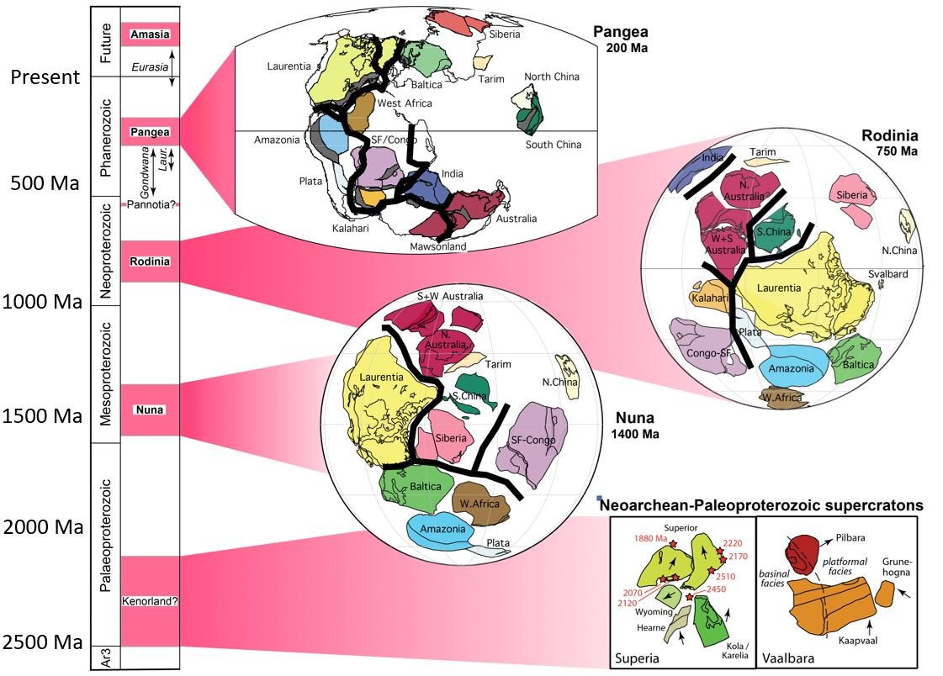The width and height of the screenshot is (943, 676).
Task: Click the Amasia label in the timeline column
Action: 150,34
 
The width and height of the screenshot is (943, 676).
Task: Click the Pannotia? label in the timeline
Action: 151,204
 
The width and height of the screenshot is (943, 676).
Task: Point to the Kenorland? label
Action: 151,601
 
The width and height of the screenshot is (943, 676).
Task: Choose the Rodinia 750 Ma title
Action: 889,143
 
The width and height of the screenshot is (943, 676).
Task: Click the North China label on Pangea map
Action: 552,77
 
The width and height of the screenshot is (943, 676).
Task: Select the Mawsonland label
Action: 437,247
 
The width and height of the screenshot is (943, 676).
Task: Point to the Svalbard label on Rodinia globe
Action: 893,275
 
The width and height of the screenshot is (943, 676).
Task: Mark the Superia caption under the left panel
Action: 637,659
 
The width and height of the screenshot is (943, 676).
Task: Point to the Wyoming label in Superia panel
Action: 645,612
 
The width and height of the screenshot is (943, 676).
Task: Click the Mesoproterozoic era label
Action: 106,374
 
